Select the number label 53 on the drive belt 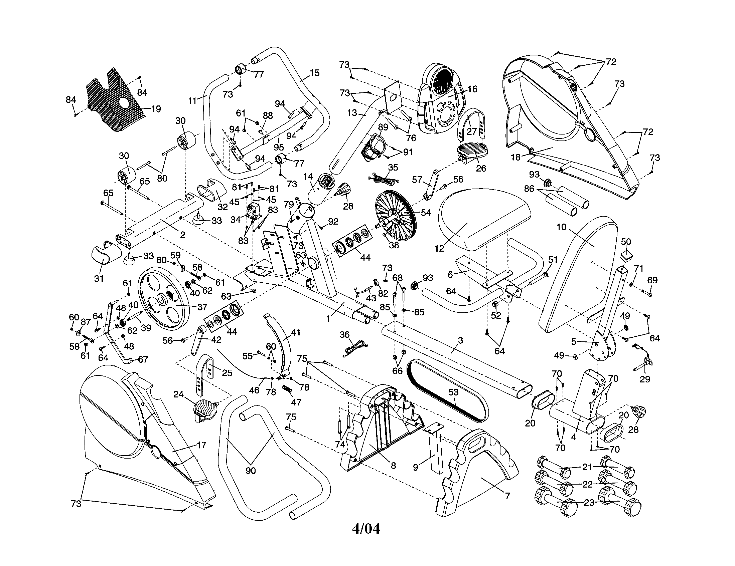click(453, 392)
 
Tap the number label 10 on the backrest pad click(561, 227)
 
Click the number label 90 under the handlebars click(250, 471)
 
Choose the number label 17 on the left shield click(201, 445)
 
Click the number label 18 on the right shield click(516, 157)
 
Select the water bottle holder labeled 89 click(373, 147)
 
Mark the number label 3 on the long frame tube click(460, 340)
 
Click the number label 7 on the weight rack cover click(507, 496)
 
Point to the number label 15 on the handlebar click(314, 73)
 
